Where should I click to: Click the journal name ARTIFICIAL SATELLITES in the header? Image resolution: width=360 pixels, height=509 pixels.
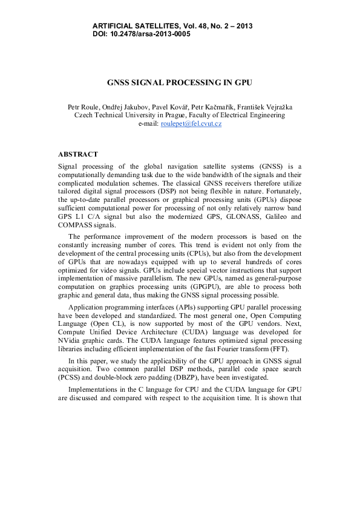click(x=136, y=26)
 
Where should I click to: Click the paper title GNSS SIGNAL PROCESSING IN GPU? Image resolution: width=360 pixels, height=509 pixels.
click(x=179, y=82)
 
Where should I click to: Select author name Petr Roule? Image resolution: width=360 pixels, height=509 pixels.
click(x=82, y=107)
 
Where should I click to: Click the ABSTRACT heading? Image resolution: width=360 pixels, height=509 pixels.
click(x=78, y=155)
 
